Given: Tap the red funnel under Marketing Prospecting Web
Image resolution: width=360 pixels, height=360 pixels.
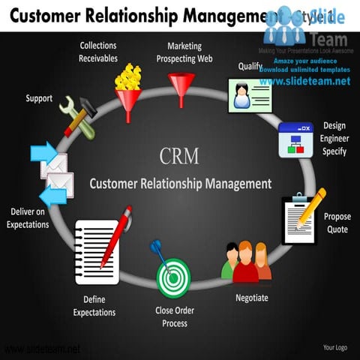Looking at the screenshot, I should point(181,88).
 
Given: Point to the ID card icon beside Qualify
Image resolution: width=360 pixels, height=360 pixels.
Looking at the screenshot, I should point(248,95).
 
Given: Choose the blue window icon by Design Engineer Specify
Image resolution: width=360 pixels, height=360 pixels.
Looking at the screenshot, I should point(295,139).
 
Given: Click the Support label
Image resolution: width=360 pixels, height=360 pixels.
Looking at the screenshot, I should point(39,98).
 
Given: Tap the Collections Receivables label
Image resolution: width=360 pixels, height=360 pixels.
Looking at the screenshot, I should point(98,52).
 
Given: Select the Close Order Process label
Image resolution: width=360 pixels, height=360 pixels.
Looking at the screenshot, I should point(175,316).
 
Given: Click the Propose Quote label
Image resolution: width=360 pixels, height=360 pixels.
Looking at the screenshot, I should point(337,223).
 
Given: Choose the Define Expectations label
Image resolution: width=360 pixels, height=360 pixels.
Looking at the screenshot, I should point(94,306).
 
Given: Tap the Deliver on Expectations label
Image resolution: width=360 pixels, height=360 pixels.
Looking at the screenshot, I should point(28,218).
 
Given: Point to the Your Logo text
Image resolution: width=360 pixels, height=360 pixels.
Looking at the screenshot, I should point(334,347).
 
